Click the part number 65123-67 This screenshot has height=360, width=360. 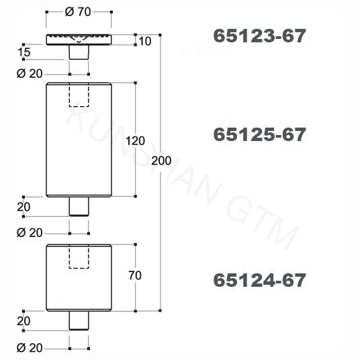(259, 36)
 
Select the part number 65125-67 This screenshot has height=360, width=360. (259, 134)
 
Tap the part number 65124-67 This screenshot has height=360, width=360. (259, 280)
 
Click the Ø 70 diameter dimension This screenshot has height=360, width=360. (78, 12)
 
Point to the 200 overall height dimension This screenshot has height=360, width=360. (161, 161)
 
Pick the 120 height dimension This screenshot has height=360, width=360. (136, 141)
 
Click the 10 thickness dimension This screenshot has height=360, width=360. (145, 42)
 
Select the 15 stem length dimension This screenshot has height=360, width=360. (24, 52)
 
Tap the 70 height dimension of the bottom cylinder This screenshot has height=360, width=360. (135, 275)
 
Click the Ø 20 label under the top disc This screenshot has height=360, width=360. (30, 73)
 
